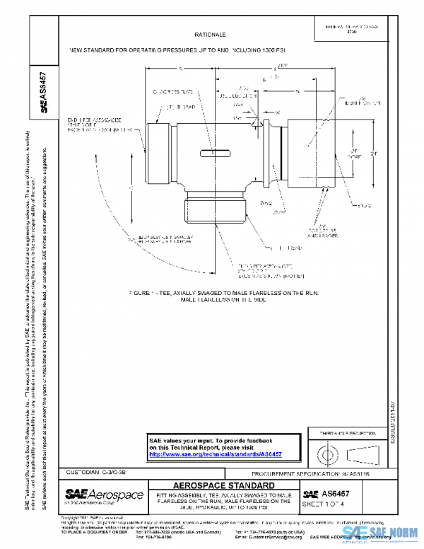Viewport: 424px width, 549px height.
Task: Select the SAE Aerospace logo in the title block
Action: (104, 495)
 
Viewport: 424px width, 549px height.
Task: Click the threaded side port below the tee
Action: (213, 207)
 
